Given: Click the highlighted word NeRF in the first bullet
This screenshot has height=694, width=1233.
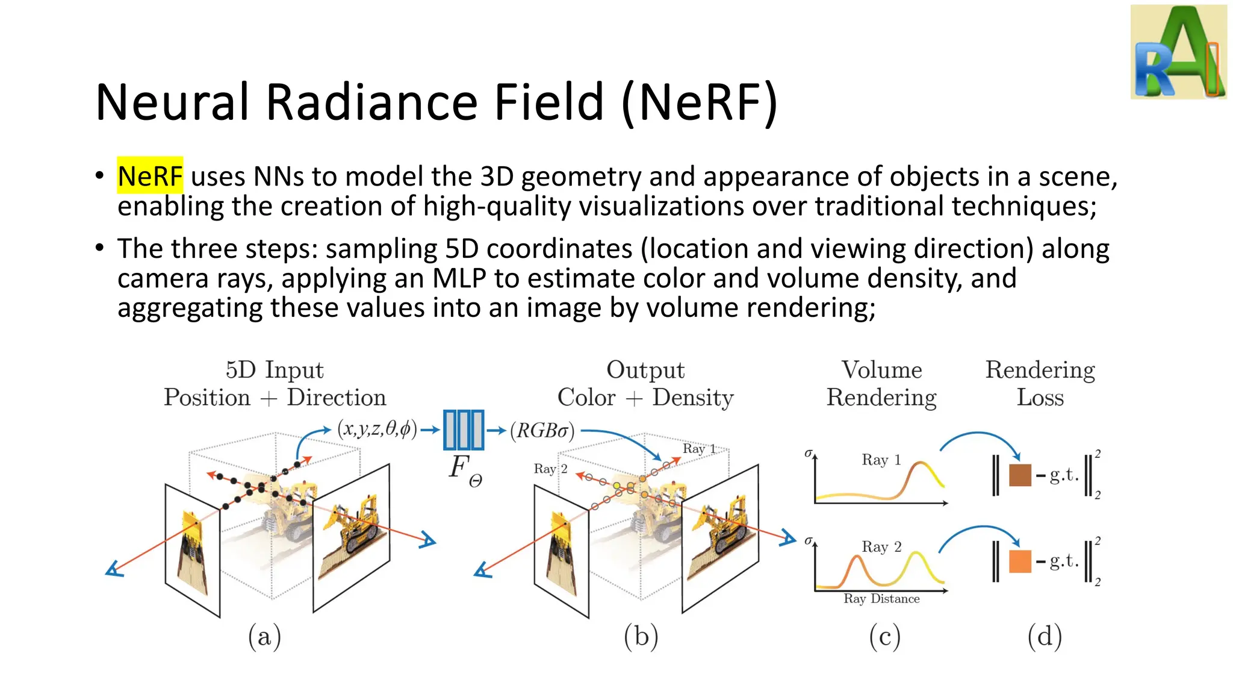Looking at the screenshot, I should click(x=149, y=176).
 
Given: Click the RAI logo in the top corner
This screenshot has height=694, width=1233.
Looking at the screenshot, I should click(x=1178, y=52).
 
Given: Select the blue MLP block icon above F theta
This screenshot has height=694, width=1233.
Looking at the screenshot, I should click(x=463, y=430).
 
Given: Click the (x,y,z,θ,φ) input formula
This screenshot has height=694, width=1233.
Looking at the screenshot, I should click(x=377, y=429).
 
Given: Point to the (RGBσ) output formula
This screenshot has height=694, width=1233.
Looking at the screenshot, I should click(x=542, y=430).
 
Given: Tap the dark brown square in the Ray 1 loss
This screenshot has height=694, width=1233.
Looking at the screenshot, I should click(x=1020, y=475).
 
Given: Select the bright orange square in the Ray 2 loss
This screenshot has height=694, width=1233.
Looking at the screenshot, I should click(x=1020, y=561).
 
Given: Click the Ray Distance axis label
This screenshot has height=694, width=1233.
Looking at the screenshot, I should click(x=881, y=599).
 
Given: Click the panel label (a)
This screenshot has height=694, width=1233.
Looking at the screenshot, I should click(x=264, y=637).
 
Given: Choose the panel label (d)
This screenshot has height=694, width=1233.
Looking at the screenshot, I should click(x=1045, y=637).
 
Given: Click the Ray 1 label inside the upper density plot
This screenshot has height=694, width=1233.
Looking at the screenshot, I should click(x=881, y=460).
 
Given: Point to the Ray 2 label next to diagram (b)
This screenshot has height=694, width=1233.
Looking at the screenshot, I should click(x=550, y=469).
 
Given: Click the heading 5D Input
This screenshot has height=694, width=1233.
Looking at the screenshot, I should click(x=275, y=370).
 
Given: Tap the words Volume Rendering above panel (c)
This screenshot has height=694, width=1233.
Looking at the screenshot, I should click(x=881, y=384).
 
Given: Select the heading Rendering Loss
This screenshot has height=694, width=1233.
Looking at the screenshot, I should click(x=1040, y=384).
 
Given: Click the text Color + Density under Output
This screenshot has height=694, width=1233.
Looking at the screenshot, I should click(x=645, y=398).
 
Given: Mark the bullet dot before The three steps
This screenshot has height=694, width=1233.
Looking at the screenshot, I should click(x=100, y=247).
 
